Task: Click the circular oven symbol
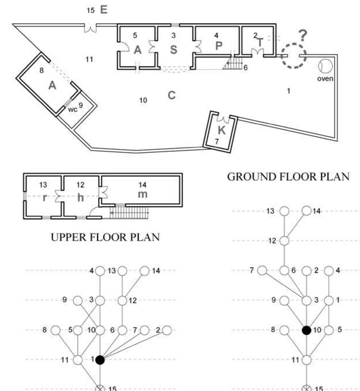tap(325, 66)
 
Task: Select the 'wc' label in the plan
tap(73, 109)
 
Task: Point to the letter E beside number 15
tap(104, 10)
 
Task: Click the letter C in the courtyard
tap(172, 95)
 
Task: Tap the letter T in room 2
tap(260, 42)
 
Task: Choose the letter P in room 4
tap(219, 46)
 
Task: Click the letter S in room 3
tap(174, 50)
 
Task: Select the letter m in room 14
tap(143, 194)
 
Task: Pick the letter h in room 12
tap(80, 198)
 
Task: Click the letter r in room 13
tap(44, 198)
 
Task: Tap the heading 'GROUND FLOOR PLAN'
tap(288, 177)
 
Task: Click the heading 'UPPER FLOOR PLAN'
tap(105, 237)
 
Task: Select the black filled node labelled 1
tap(100, 360)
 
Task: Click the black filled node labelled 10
tap(307, 330)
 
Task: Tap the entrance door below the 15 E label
tap(90, 28)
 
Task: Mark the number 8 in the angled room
tap(42, 70)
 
